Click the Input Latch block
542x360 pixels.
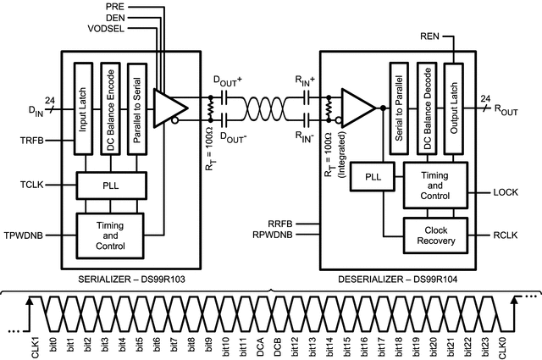pos(83,107)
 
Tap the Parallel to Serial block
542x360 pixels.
pos(135,107)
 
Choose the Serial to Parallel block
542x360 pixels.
pos(399,107)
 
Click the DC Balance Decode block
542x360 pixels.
pos(428,107)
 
